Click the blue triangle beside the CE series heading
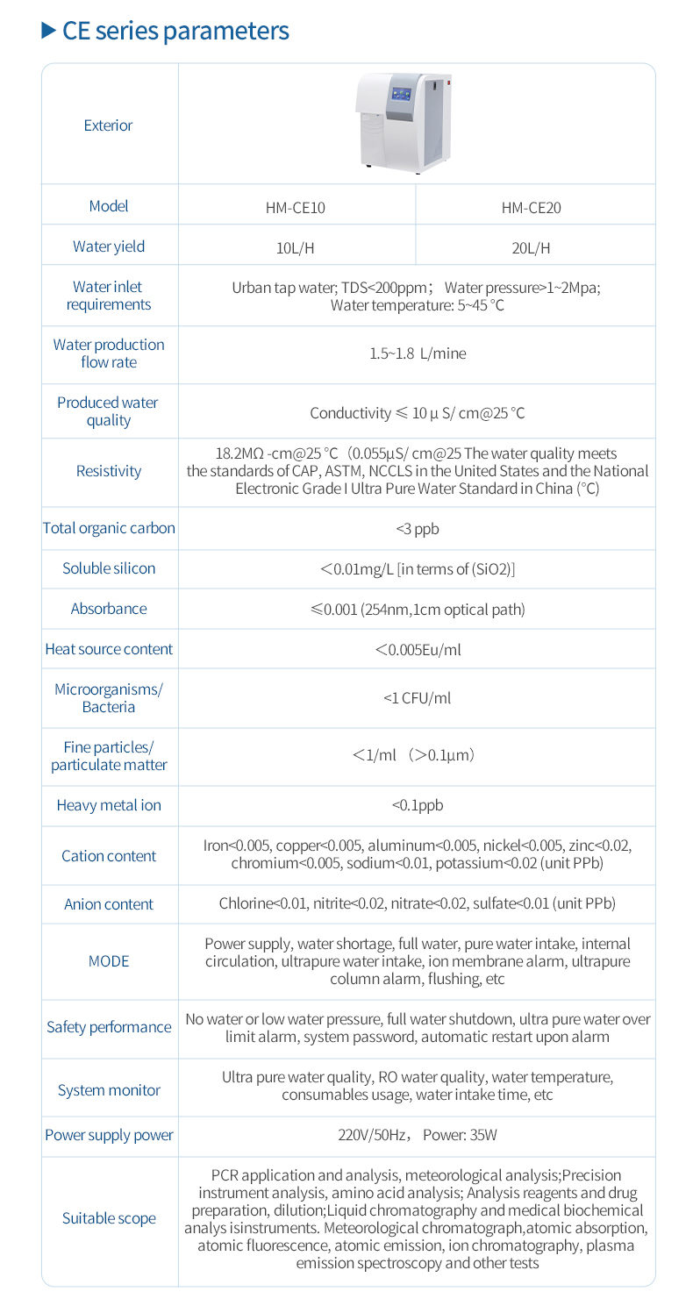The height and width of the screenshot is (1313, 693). click(49, 32)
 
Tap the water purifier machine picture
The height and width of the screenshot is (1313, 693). click(404, 122)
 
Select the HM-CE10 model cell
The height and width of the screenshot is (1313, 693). click(296, 208)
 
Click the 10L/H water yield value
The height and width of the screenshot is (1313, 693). click(295, 248)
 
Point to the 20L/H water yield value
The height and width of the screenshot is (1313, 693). click(532, 248)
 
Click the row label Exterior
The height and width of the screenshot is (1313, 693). click(108, 125)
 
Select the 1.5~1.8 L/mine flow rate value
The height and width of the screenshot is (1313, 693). click(418, 353)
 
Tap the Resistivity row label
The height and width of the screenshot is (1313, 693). click(108, 471)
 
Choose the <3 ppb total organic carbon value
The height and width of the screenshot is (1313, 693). click(417, 530)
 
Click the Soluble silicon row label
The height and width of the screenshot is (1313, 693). click(109, 568)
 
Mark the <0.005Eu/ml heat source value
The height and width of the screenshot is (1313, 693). click(418, 650)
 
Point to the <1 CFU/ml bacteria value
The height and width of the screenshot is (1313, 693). click(417, 698)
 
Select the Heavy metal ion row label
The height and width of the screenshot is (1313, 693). click(109, 805)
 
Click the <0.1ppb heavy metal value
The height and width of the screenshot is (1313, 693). click(417, 805)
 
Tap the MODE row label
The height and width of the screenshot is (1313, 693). click(109, 961)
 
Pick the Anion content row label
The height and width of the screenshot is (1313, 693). click(109, 904)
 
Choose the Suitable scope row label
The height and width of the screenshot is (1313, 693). click(109, 1218)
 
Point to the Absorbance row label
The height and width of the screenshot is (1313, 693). click(109, 609)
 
